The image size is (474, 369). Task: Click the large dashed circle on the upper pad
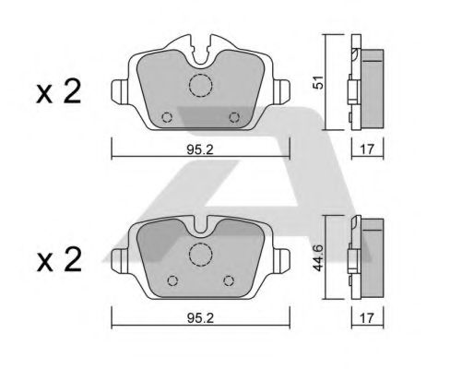[x=201, y=85]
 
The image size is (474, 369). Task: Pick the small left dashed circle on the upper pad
[x=166, y=117]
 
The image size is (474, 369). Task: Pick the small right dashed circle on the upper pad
[x=234, y=117]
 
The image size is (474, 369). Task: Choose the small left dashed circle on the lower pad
[x=171, y=281]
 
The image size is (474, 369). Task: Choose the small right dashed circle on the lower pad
[x=230, y=281]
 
